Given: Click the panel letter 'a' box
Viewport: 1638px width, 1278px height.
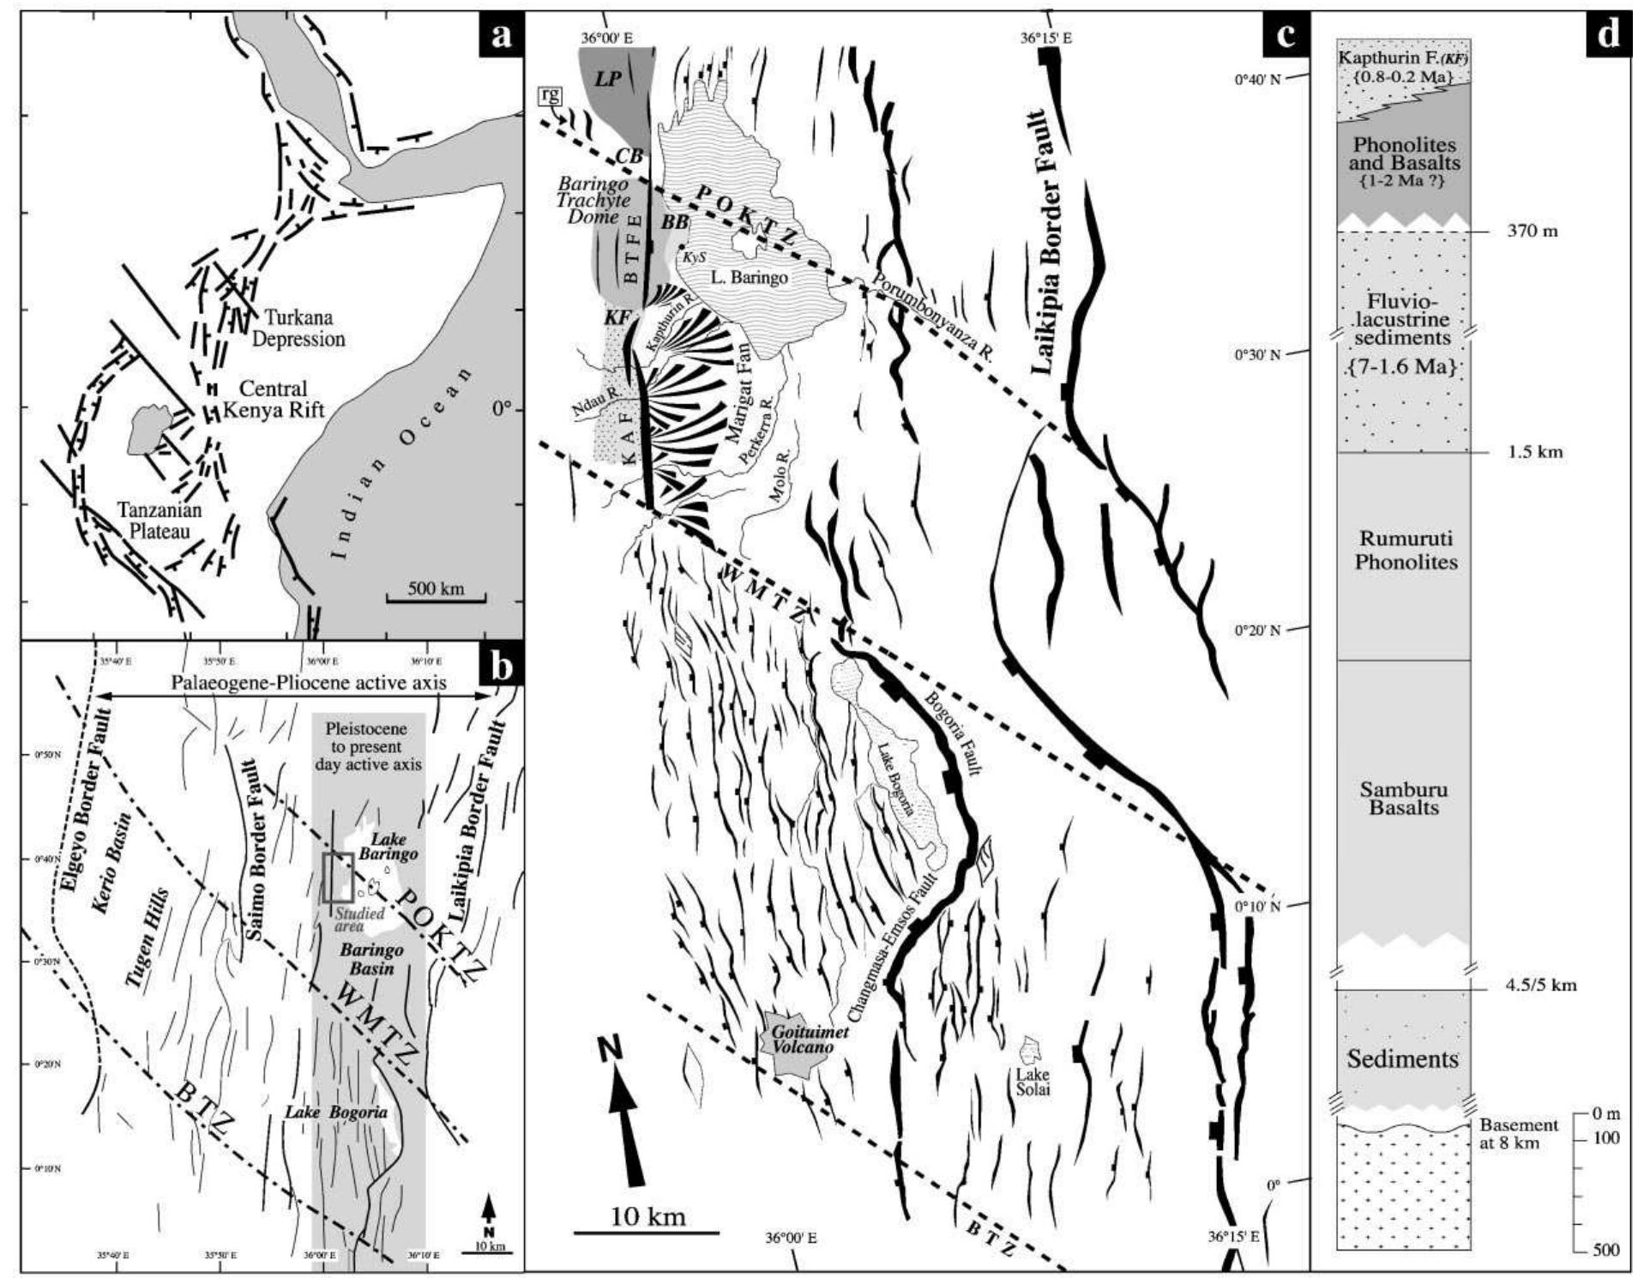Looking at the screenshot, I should click(500, 35).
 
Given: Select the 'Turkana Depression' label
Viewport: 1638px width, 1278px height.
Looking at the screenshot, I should click(298, 327).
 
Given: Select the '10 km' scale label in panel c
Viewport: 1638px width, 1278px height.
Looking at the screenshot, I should click(647, 1216).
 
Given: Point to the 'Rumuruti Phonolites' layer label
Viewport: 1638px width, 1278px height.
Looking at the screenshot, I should click(1405, 551).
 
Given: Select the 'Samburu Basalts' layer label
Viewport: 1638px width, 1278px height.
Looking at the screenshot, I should click(1403, 798).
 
